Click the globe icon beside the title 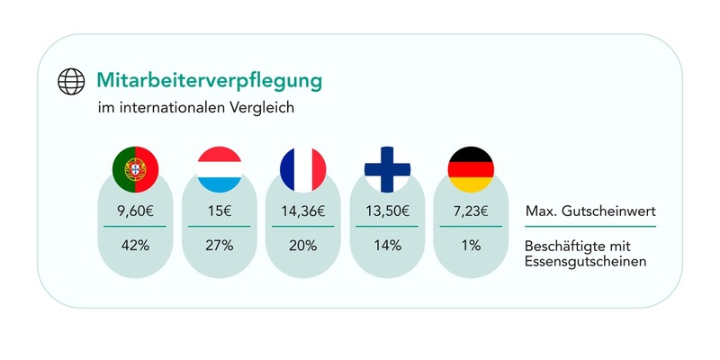pyautogui.click(x=70, y=82)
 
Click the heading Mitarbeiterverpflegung pyautogui.click(x=209, y=80)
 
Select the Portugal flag pyautogui.click(x=135, y=166)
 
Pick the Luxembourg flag pyautogui.click(x=219, y=166)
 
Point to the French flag pyautogui.click(x=302, y=166)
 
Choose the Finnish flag pyautogui.click(x=386, y=166)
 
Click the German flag pyautogui.click(x=470, y=166)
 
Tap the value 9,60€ pyautogui.click(x=135, y=212)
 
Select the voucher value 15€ pyautogui.click(x=219, y=212)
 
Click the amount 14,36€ pyautogui.click(x=302, y=212)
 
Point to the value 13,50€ pyautogui.click(x=386, y=212)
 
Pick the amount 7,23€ pyautogui.click(x=470, y=212)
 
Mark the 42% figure pyautogui.click(x=135, y=245)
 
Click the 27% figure pyautogui.click(x=219, y=245)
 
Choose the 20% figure pyautogui.click(x=302, y=245)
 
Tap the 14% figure pyautogui.click(x=386, y=245)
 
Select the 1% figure pyautogui.click(x=470, y=245)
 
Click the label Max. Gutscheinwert pyautogui.click(x=588, y=213)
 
